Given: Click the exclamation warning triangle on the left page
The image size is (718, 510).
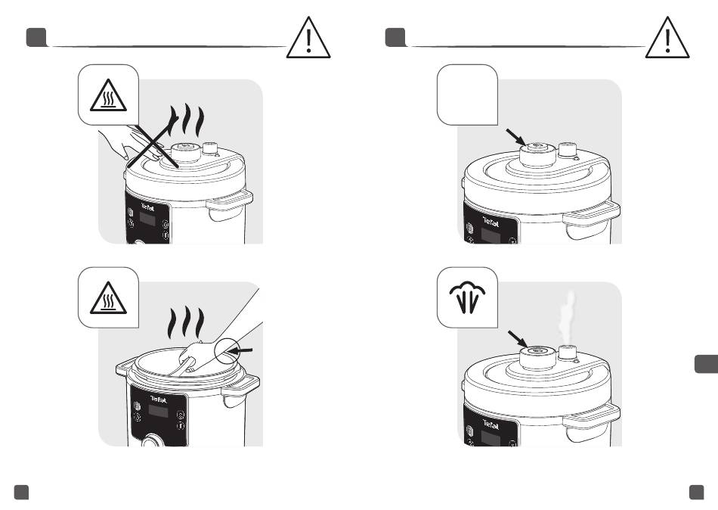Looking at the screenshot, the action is pos(308,38).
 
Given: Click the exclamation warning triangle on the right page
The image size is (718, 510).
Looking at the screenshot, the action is pos(667,38).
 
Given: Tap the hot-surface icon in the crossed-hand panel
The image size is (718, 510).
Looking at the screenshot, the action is pos(108,95).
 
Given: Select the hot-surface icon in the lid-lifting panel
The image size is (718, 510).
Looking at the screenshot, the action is pos(108,298).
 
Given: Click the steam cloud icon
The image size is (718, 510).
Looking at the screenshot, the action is pos(468,297).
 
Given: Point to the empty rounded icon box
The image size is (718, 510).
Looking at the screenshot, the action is pos(468,95).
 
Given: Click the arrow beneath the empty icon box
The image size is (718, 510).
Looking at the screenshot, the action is pos(516,137).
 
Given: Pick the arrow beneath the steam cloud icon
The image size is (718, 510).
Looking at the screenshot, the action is pos(518,339).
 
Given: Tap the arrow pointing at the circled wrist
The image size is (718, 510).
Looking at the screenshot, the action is pos(240,351).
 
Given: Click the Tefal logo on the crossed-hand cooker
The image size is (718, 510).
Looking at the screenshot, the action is pos(147,207).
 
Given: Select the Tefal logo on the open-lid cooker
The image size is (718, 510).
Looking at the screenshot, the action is pos(159,399).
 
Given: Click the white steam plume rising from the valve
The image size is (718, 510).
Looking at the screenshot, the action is pos(567,317).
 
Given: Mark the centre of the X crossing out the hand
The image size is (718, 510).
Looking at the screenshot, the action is pos(153,141).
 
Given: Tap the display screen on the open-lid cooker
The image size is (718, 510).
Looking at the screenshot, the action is pos(158,412).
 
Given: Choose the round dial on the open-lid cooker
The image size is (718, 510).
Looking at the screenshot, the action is pos(151,442).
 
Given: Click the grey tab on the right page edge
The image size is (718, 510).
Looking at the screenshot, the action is pos(706,364).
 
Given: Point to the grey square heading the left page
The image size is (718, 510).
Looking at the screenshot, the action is pos(36,38).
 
